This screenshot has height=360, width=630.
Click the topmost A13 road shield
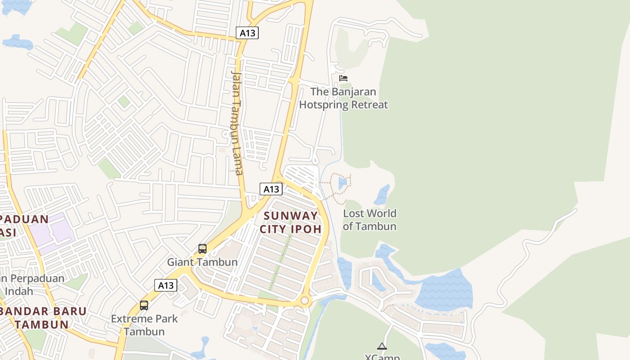[247, 33]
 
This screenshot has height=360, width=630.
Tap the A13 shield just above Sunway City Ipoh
[271, 189]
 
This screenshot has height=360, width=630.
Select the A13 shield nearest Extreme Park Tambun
[166, 285]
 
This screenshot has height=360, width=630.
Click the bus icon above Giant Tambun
[202, 249]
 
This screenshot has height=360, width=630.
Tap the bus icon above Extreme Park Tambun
[144, 306]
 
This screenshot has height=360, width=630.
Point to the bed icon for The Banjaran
[343, 78]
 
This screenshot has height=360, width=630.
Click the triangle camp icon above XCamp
[382, 346]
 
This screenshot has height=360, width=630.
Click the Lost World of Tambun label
[369, 220]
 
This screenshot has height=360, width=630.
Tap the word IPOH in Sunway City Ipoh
[306, 229]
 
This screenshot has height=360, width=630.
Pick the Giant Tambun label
[202, 262]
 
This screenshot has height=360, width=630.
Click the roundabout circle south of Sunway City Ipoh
[305, 300]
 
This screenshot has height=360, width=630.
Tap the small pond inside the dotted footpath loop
[342, 183]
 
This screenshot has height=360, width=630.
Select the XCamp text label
[382, 357]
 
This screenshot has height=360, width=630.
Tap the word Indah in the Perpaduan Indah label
[19, 291]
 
